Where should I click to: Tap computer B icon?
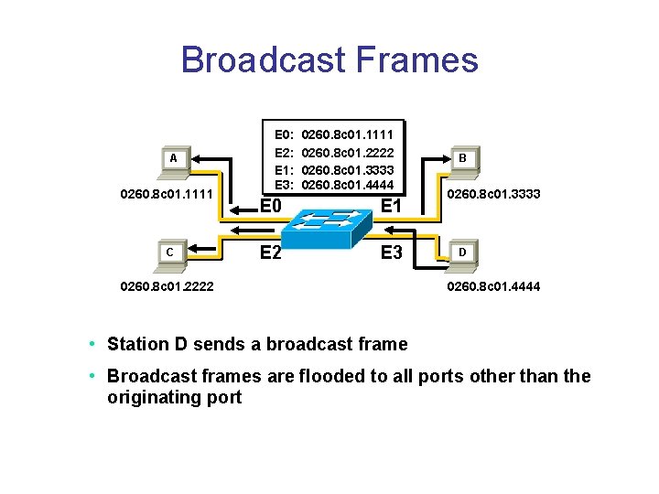tap(462, 160)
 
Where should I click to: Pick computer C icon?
tap(169, 252)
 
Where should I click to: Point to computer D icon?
tap(462, 252)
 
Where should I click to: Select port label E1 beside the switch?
tap(391, 206)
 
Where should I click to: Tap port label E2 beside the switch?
tap(268, 252)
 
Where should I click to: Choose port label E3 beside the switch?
tap(391, 252)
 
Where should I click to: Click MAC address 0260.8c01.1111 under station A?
tap(161, 194)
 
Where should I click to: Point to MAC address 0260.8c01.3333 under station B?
tap(492, 194)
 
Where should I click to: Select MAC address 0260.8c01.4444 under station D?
tap(492, 286)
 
